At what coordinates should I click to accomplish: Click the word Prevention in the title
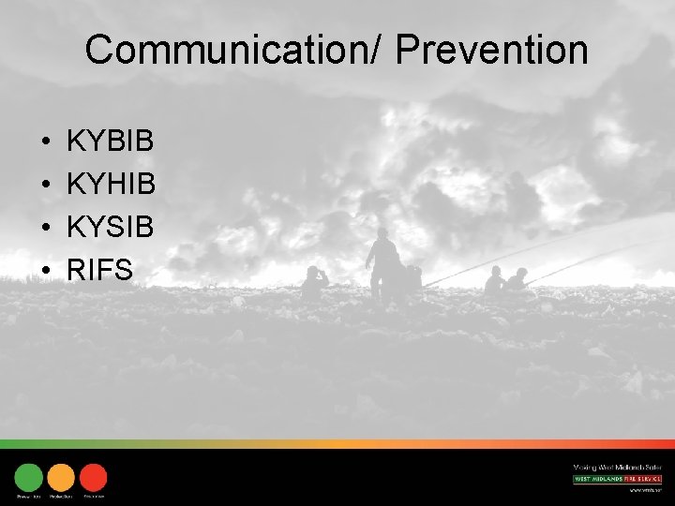pyautogui.click(x=491, y=50)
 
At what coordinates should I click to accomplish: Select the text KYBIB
pyautogui.click(x=111, y=142)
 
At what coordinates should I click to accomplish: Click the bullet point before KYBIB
pyautogui.click(x=46, y=143)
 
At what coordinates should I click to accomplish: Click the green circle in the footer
pyautogui.click(x=29, y=477)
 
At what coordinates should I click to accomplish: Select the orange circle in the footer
pyautogui.click(x=61, y=477)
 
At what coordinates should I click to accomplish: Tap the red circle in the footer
pyautogui.click(x=93, y=477)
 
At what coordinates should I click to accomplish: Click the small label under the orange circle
pyautogui.click(x=61, y=496)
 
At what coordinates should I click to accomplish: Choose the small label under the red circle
pyautogui.click(x=94, y=496)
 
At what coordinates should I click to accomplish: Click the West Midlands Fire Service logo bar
pyautogui.click(x=617, y=479)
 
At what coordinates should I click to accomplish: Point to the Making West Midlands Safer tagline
pyautogui.click(x=617, y=467)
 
